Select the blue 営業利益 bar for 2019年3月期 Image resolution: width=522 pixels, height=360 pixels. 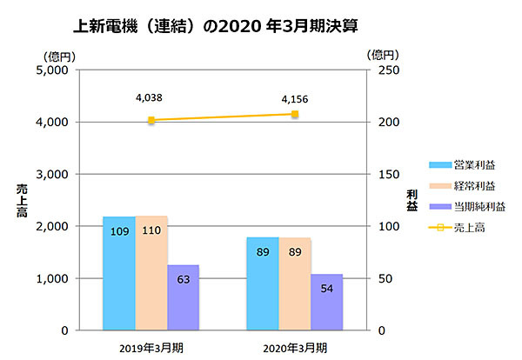tap(119, 273)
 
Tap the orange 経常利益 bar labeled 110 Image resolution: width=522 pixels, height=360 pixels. tap(151, 273)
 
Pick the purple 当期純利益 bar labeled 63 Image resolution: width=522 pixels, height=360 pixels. tap(184, 297)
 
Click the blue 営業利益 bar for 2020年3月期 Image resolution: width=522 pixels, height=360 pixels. tap(263, 283)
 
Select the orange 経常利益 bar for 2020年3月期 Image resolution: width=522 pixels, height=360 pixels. tap(295, 283)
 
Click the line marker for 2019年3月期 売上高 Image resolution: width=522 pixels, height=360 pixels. tap(151, 120)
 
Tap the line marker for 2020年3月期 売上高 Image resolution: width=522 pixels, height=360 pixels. tap(295, 114)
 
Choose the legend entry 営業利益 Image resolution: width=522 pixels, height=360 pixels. tap(473, 164)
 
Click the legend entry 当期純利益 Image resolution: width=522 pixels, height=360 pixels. tap(479, 206)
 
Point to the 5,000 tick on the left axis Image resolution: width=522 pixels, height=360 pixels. tap(55, 70)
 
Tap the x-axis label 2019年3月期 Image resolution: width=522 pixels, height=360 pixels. tap(151, 348)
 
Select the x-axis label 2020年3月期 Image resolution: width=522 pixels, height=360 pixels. tap(296, 348)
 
